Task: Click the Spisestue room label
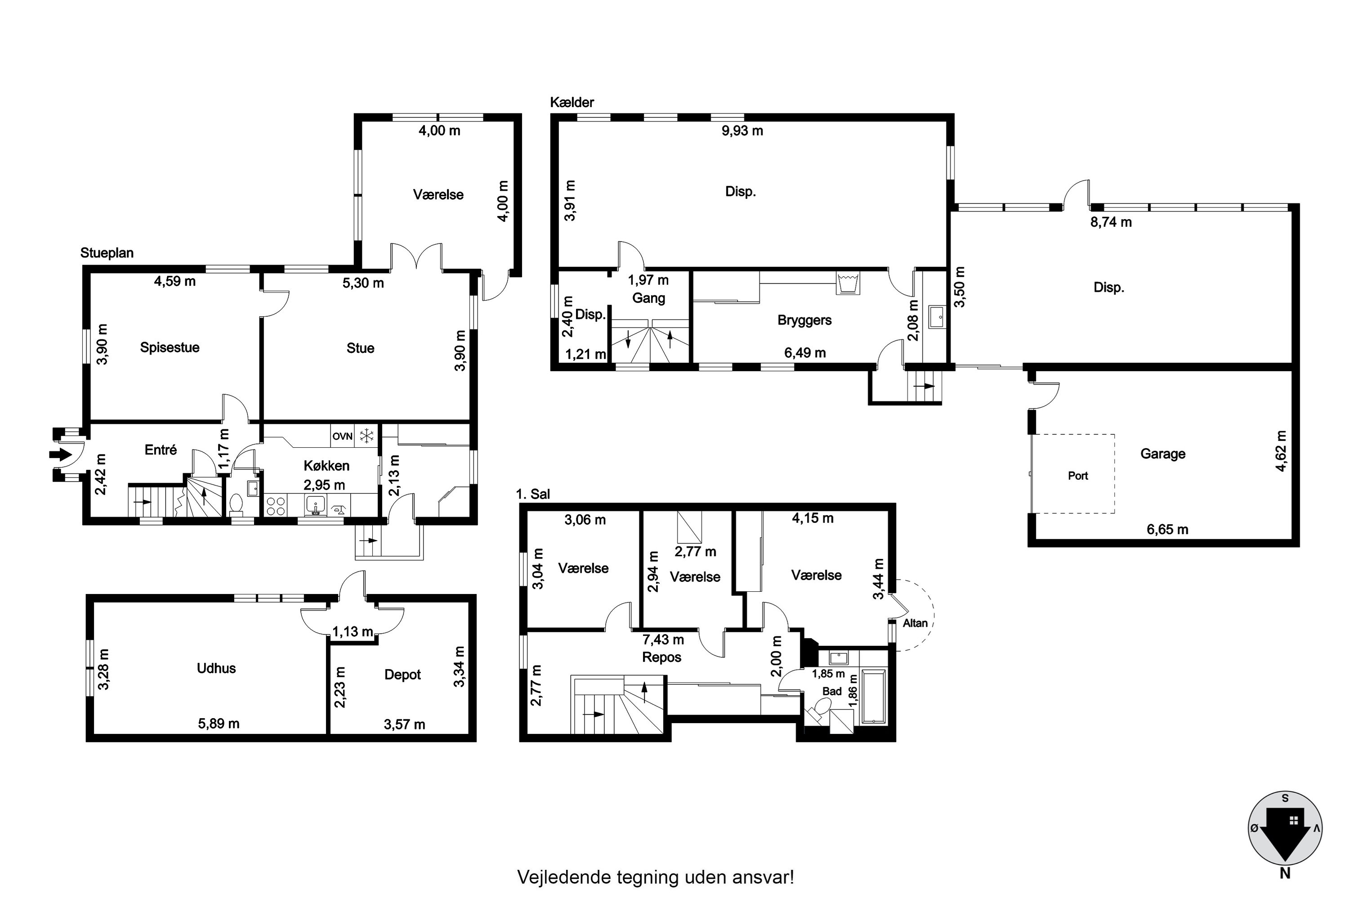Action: click(x=170, y=348)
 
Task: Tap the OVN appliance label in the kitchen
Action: click(x=342, y=436)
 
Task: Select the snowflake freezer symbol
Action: click(x=366, y=436)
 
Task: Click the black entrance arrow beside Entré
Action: click(x=60, y=455)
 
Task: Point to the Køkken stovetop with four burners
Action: click(x=276, y=506)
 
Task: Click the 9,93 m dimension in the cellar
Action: click(x=742, y=131)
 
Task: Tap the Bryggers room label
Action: click(x=804, y=320)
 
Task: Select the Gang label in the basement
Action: click(x=649, y=298)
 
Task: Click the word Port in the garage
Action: click(x=1078, y=476)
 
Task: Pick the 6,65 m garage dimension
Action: click(x=1167, y=529)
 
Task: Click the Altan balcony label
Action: click(x=915, y=623)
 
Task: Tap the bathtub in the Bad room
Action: click(x=874, y=696)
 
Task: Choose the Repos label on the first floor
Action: click(x=661, y=658)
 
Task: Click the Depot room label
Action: click(x=402, y=675)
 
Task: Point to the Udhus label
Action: click(x=216, y=668)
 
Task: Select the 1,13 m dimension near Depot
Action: click(x=353, y=632)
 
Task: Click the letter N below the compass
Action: click(x=1285, y=873)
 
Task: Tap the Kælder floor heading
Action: click(x=572, y=102)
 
